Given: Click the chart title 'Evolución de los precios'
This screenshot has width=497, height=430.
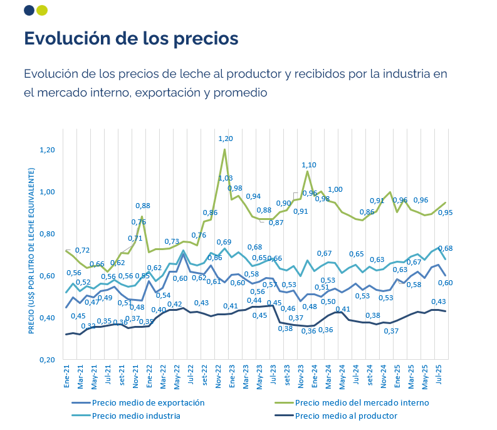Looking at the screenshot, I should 131,38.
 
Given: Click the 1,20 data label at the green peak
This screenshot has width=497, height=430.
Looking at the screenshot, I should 225,139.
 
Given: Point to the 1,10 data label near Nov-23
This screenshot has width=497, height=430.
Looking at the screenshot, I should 309,165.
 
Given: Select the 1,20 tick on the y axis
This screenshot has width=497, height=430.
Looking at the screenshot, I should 48,150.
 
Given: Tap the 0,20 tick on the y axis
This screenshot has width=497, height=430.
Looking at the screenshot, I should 48,360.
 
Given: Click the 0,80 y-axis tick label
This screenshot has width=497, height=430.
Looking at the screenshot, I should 48,234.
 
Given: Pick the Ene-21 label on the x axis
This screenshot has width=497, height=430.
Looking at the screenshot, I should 66,375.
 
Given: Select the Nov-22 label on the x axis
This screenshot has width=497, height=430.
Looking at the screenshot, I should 217,375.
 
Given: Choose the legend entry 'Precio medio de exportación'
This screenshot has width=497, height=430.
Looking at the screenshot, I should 148,402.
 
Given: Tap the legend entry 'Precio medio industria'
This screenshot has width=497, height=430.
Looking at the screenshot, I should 136,416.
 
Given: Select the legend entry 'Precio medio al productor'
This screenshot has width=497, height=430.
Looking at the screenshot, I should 345,416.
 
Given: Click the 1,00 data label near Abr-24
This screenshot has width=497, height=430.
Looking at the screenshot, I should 335,190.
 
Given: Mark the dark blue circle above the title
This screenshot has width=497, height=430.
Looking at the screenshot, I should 29,10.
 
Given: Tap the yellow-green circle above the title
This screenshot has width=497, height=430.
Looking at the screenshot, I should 42,10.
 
